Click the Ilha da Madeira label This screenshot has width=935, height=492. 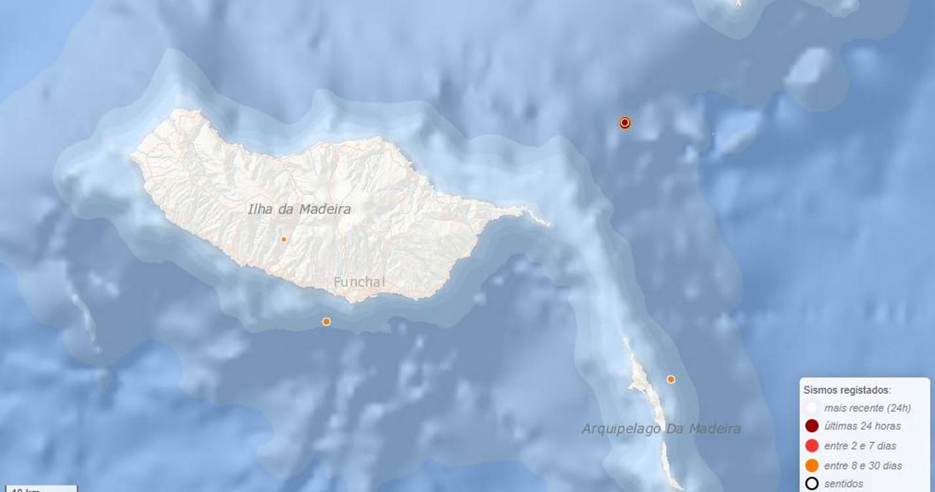(299, 209)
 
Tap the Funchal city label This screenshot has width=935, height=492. (359, 282)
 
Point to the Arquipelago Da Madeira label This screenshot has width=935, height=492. (661, 428)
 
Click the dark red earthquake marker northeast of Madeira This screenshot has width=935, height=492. (625, 123)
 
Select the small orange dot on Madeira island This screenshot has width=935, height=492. (283, 239)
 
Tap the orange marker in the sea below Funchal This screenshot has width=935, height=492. (326, 321)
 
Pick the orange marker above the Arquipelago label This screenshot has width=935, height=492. (671, 379)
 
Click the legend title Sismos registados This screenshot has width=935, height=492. (847, 390)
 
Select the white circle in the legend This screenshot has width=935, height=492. (812, 407)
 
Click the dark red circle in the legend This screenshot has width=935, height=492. (812, 426)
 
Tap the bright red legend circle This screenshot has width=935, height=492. (812, 446)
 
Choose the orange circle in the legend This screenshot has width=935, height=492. (812, 466)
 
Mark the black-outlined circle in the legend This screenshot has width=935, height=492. (812, 484)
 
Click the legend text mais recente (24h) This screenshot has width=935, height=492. (867, 408)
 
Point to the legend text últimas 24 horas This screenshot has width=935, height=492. (862, 426)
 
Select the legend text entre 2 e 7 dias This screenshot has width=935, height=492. (860, 446)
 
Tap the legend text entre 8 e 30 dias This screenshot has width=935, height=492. (863, 466)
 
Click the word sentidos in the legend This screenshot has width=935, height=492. (844, 484)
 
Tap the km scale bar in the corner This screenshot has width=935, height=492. (38, 489)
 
